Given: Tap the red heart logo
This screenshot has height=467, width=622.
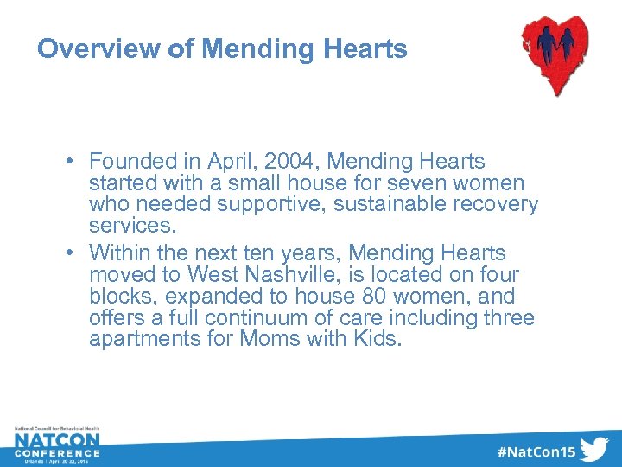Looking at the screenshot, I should pos(556,54).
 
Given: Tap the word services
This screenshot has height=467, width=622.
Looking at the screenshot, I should pos(131,227).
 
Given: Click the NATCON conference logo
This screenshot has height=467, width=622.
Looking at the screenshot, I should pos(57,445).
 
